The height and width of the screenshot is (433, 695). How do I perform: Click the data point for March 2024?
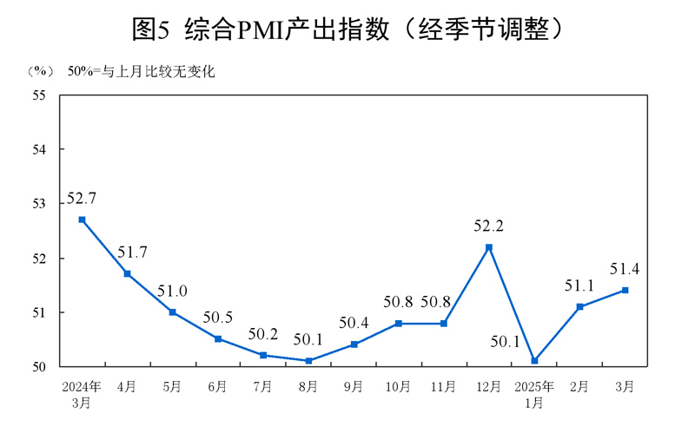pyautogui.click(x=82, y=220)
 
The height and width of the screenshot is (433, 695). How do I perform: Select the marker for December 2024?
pyautogui.click(x=489, y=247)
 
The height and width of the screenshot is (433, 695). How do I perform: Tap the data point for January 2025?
pyautogui.click(x=534, y=360)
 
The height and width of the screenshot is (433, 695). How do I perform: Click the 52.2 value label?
pyautogui.click(x=488, y=226)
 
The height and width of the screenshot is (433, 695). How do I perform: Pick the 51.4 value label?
pyautogui.click(x=625, y=269)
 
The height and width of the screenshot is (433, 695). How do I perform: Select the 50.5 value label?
pyautogui.click(x=218, y=317)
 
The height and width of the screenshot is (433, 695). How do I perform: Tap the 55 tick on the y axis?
pyautogui.click(x=39, y=95)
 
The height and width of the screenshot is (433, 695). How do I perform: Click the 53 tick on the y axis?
pyautogui.click(x=39, y=204)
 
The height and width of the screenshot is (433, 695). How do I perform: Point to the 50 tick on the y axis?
pyautogui.click(x=39, y=367)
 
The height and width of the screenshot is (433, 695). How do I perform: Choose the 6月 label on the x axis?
pyautogui.click(x=217, y=385)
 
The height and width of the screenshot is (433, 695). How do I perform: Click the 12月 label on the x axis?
pyautogui.click(x=489, y=385)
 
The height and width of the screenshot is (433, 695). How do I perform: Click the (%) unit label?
pyautogui.click(x=40, y=71)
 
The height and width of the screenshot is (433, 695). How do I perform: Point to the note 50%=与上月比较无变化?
pyautogui.click(x=141, y=71)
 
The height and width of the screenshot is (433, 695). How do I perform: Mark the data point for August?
pyautogui.click(x=308, y=360)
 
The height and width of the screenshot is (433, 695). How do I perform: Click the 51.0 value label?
pyautogui.click(x=172, y=291)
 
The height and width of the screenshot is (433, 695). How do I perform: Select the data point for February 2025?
pyautogui.click(x=579, y=306)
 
